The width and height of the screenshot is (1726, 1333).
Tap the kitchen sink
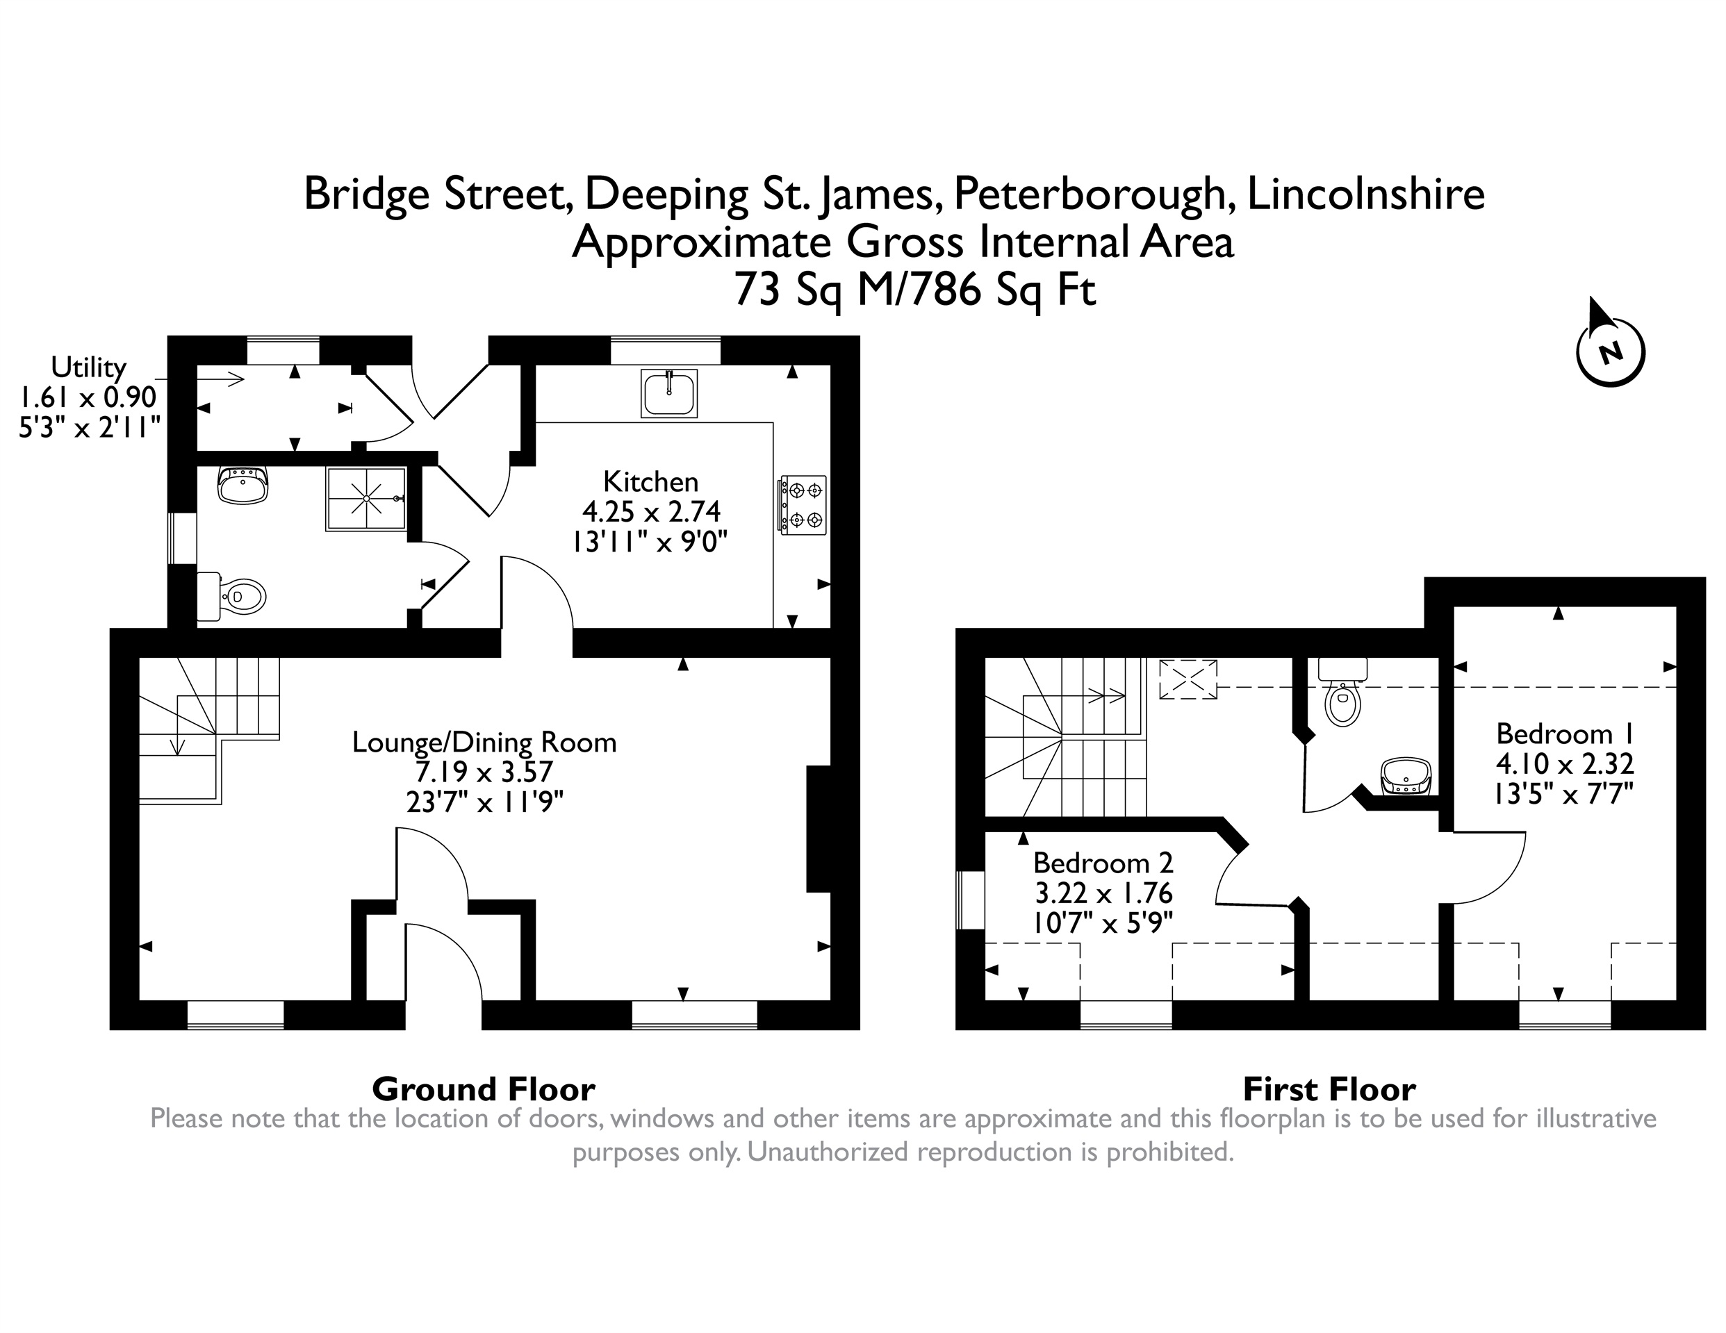(669, 392)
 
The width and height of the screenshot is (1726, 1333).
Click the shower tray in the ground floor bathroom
(366, 499)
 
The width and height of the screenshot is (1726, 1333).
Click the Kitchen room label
(651, 481)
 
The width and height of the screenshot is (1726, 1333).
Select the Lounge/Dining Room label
(484, 743)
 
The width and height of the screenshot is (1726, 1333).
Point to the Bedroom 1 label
(1565, 734)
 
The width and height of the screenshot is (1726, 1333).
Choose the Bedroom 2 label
(1103, 862)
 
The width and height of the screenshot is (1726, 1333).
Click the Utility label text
(88, 367)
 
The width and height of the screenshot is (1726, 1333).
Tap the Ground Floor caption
(484, 1090)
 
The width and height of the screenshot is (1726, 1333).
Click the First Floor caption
(1330, 1090)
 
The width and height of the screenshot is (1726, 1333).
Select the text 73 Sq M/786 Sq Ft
(915, 290)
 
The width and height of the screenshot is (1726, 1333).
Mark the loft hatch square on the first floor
(1187, 679)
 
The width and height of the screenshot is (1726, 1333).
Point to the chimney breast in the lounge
(819, 829)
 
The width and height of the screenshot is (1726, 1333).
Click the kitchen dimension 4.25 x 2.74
(651, 512)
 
